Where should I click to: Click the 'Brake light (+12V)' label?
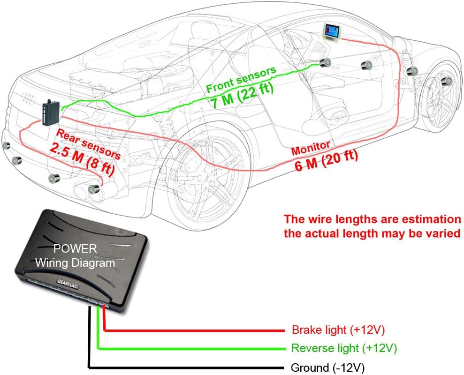point(338,330)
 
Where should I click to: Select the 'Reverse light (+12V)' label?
point(344,348)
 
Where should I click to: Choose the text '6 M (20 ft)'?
point(326,160)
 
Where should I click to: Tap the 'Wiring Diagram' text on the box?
point(75,263)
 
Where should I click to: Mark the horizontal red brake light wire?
point(197,330)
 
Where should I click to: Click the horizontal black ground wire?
point(188,367)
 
